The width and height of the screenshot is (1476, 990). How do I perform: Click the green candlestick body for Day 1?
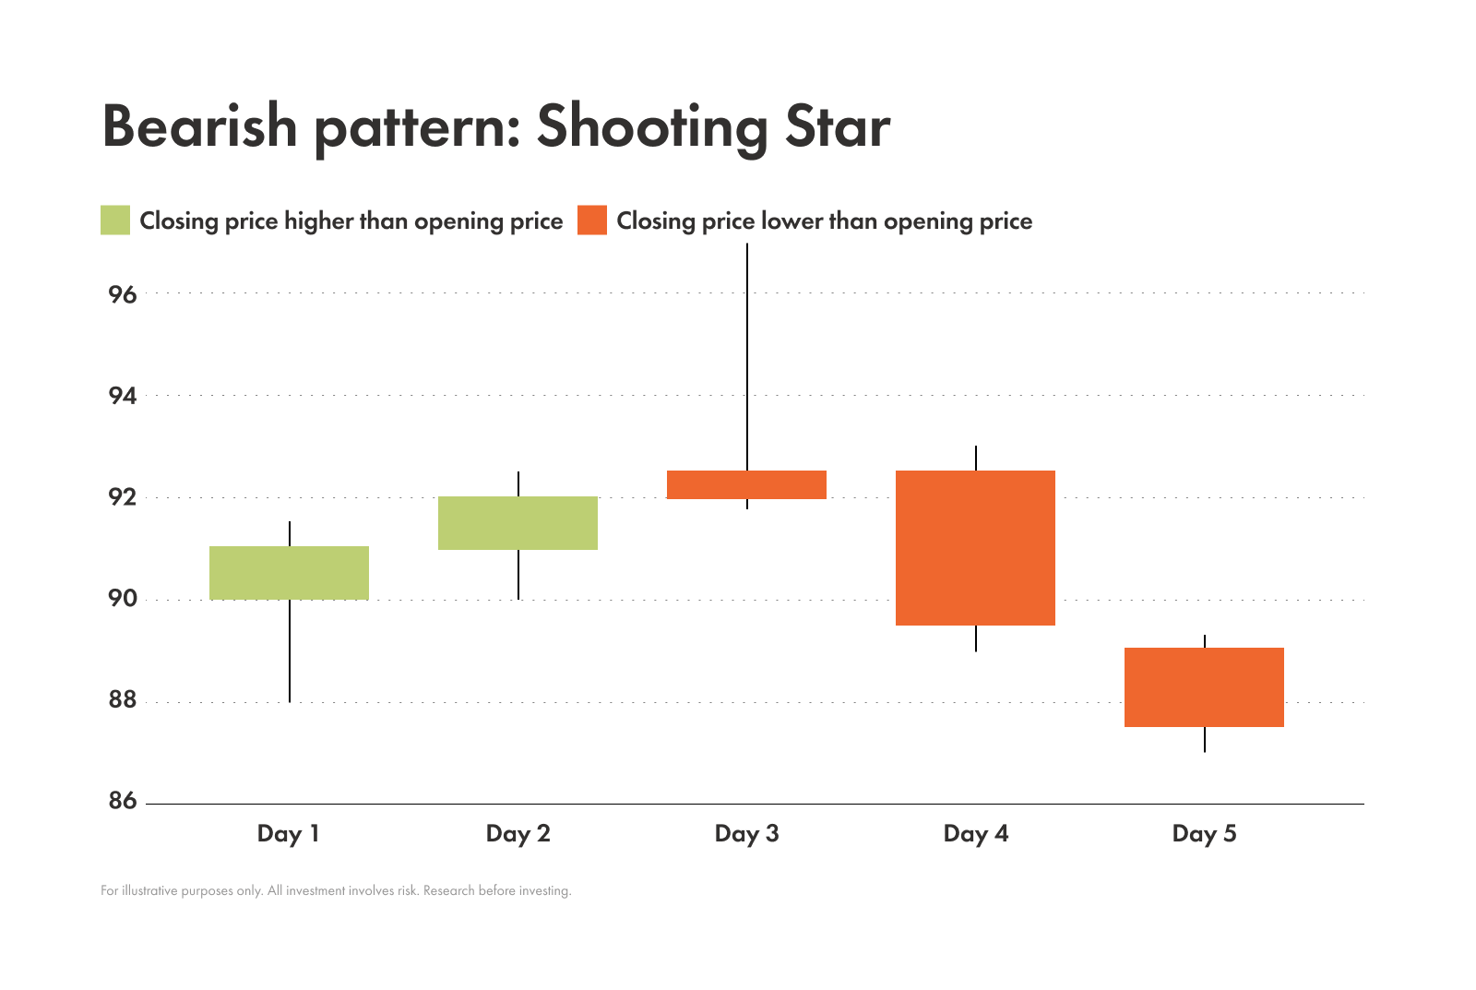tap(289, 573)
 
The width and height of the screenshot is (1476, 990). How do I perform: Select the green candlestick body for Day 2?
tap(518, 523)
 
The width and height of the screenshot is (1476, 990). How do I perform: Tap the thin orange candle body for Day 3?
tap(746, 484)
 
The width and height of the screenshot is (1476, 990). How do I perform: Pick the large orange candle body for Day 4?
tap(975, 548)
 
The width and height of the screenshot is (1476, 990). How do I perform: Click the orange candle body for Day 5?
tap(1204, 687)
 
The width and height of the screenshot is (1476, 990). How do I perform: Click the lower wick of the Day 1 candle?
tap(290, 651)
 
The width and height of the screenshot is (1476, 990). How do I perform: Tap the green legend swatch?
tap(115, 221)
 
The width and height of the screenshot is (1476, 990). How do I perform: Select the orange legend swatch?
tap(592, 221)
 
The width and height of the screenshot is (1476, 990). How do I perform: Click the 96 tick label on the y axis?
tap(122, 295)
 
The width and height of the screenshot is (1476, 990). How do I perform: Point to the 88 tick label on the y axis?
tap(122, 700)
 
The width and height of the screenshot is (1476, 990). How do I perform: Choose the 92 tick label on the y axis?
tap(122, 497)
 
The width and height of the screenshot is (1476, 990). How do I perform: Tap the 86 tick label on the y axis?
tap(122, 801)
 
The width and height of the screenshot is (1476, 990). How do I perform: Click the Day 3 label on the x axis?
tap(746, 834)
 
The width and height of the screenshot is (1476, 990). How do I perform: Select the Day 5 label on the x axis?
tap(1204, 834)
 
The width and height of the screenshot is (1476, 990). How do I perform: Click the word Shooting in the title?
tap(651, 127)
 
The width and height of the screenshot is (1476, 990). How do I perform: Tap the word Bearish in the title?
tap(199, 127)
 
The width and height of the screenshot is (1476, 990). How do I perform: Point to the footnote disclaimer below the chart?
tap(336, 891)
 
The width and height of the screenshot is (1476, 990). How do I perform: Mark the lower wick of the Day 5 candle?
tap(1205, 740)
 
